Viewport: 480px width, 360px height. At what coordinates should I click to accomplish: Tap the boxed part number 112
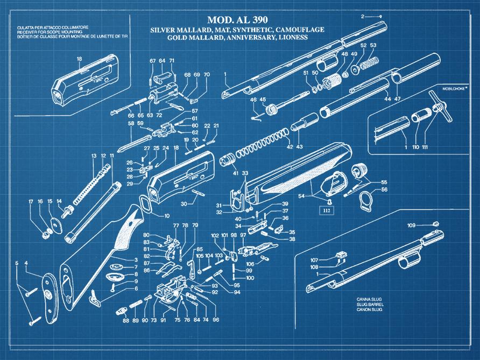[326, 211]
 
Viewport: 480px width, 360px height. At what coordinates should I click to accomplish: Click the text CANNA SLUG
[369, 299]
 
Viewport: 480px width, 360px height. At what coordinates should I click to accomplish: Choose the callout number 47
[398, 99]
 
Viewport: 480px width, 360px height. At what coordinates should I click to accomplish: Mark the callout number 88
[125, 321]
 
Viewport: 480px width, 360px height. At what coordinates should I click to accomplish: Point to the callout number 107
[314, 260]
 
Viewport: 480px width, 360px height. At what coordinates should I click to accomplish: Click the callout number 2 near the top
[363, 16]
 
